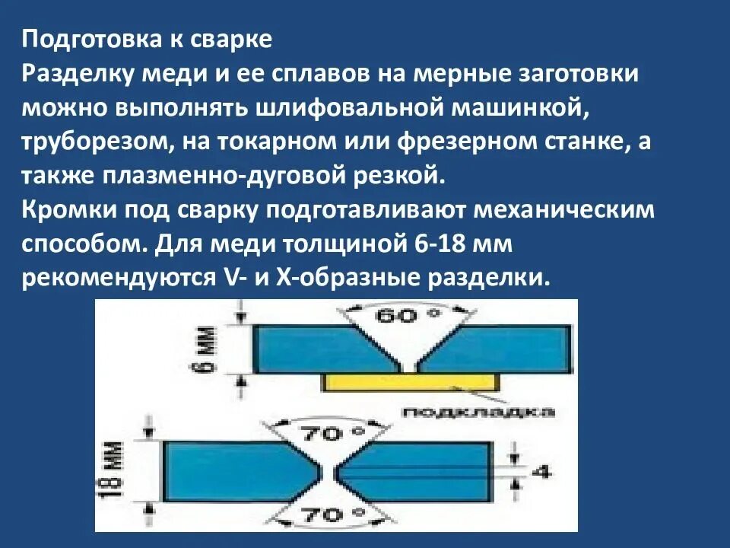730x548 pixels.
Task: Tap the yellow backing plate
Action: [x=411, y=381]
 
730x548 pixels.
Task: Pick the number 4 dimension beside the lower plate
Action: [x=541, y=471]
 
